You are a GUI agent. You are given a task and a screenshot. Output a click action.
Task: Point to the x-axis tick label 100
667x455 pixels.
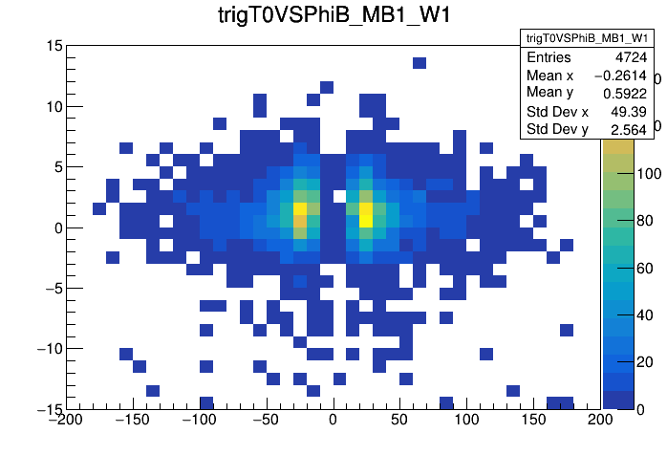tap(465, 420)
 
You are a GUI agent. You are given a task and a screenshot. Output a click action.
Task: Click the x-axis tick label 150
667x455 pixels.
tap(532, 420)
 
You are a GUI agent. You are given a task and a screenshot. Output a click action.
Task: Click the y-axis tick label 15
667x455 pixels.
tap(53, 46)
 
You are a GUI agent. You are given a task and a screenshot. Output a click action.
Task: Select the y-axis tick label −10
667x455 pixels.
tap(46, 348)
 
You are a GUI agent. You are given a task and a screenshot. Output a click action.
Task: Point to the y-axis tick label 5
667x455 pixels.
tap(56, 167)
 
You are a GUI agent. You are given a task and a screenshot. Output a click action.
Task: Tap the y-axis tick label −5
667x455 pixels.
tap(50, 288)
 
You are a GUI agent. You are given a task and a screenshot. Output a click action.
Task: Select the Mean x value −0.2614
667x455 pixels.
tap(619, 76)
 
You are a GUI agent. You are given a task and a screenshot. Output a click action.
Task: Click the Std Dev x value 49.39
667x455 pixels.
tap(628, 112)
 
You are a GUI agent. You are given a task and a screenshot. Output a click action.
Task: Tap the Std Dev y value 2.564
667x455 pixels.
tap(628, 129)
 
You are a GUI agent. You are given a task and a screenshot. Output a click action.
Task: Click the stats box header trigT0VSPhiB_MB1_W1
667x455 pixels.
tap(586, 37)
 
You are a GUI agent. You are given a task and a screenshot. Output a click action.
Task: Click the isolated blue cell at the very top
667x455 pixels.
tap(419, 63)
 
